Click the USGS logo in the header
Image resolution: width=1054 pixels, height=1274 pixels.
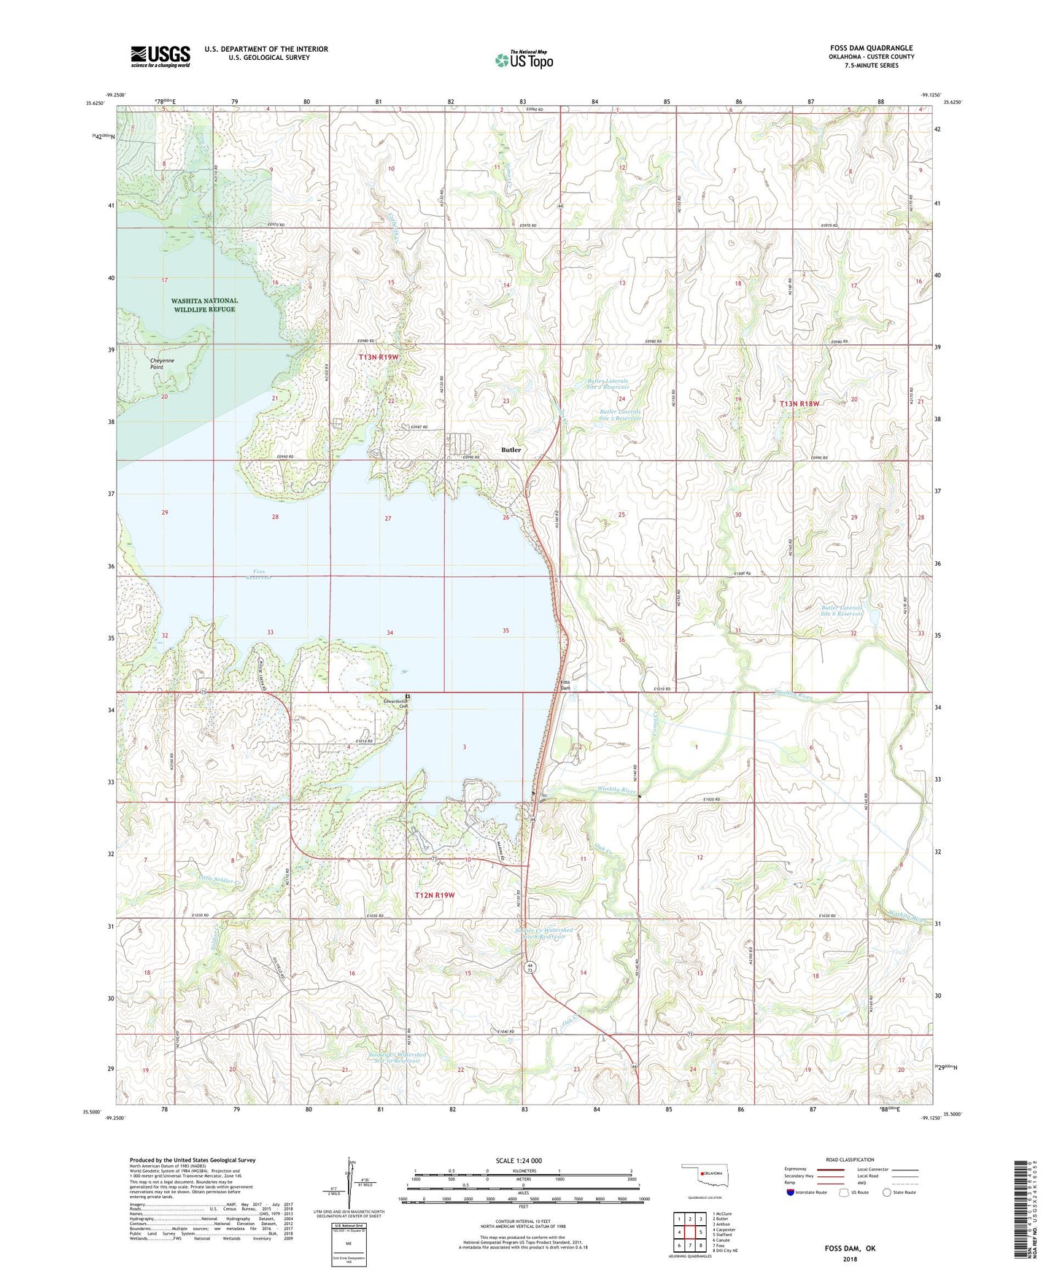coord(160,56)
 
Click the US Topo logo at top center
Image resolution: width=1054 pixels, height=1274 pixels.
coord(524,60)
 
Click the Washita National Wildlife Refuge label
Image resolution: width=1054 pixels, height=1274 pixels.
coord(204,305)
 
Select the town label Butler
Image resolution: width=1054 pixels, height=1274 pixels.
coord(511,450)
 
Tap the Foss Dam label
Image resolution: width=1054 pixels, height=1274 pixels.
coord(564,684)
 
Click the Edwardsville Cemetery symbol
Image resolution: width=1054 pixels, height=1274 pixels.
coord(408,697)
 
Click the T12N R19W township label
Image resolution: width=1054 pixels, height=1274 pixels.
coord(435,895)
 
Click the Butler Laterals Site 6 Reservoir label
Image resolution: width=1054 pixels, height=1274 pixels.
coord(842,611)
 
